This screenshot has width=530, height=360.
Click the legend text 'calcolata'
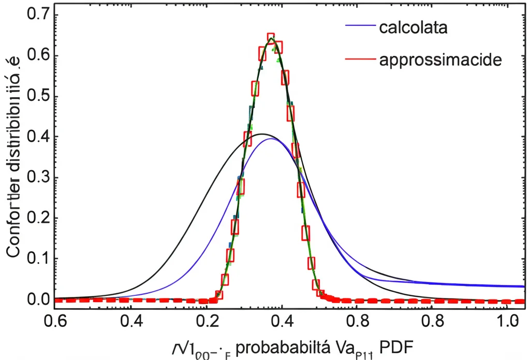(413, 27)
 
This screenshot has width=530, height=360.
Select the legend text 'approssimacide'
(440, 60)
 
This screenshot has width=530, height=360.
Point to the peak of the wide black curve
(262, 134)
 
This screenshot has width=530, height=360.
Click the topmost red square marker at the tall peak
(271, 39)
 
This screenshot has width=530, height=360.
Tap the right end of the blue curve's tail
(523, 286)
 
